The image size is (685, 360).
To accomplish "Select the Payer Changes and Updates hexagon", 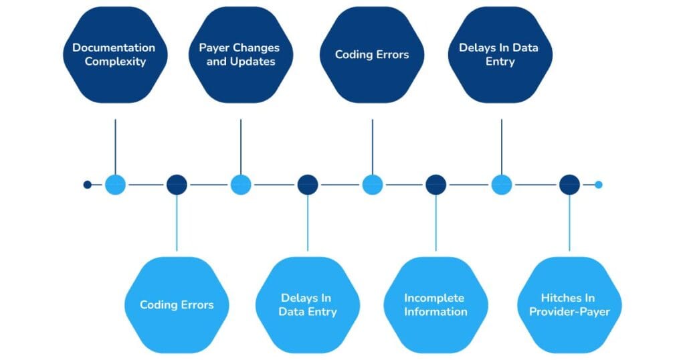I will tap(239, 55).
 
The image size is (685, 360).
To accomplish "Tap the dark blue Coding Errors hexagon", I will tap(372, 55).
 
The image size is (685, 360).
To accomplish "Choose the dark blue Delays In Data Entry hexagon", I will tap(498, 55).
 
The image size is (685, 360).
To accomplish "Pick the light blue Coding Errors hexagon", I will tap(177, 305).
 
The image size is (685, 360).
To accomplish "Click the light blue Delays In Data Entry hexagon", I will tap(308, 305).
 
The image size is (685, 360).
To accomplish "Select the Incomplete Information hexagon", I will tap(435, 305).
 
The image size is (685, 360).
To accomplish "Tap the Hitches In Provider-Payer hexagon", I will tap(569, 305).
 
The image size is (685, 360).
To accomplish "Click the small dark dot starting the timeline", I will tap(87, 185).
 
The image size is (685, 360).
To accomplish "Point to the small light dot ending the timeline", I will tap(599, 185).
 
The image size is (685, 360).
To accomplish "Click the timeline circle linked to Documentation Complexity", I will tap(115, 185).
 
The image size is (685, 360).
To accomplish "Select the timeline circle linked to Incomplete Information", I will tap(435, 185).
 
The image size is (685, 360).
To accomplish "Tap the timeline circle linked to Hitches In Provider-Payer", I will tap(569, 185).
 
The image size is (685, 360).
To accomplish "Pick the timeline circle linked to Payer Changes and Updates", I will tap(240, 185).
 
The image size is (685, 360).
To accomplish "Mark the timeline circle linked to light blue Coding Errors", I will tap(177, 185).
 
